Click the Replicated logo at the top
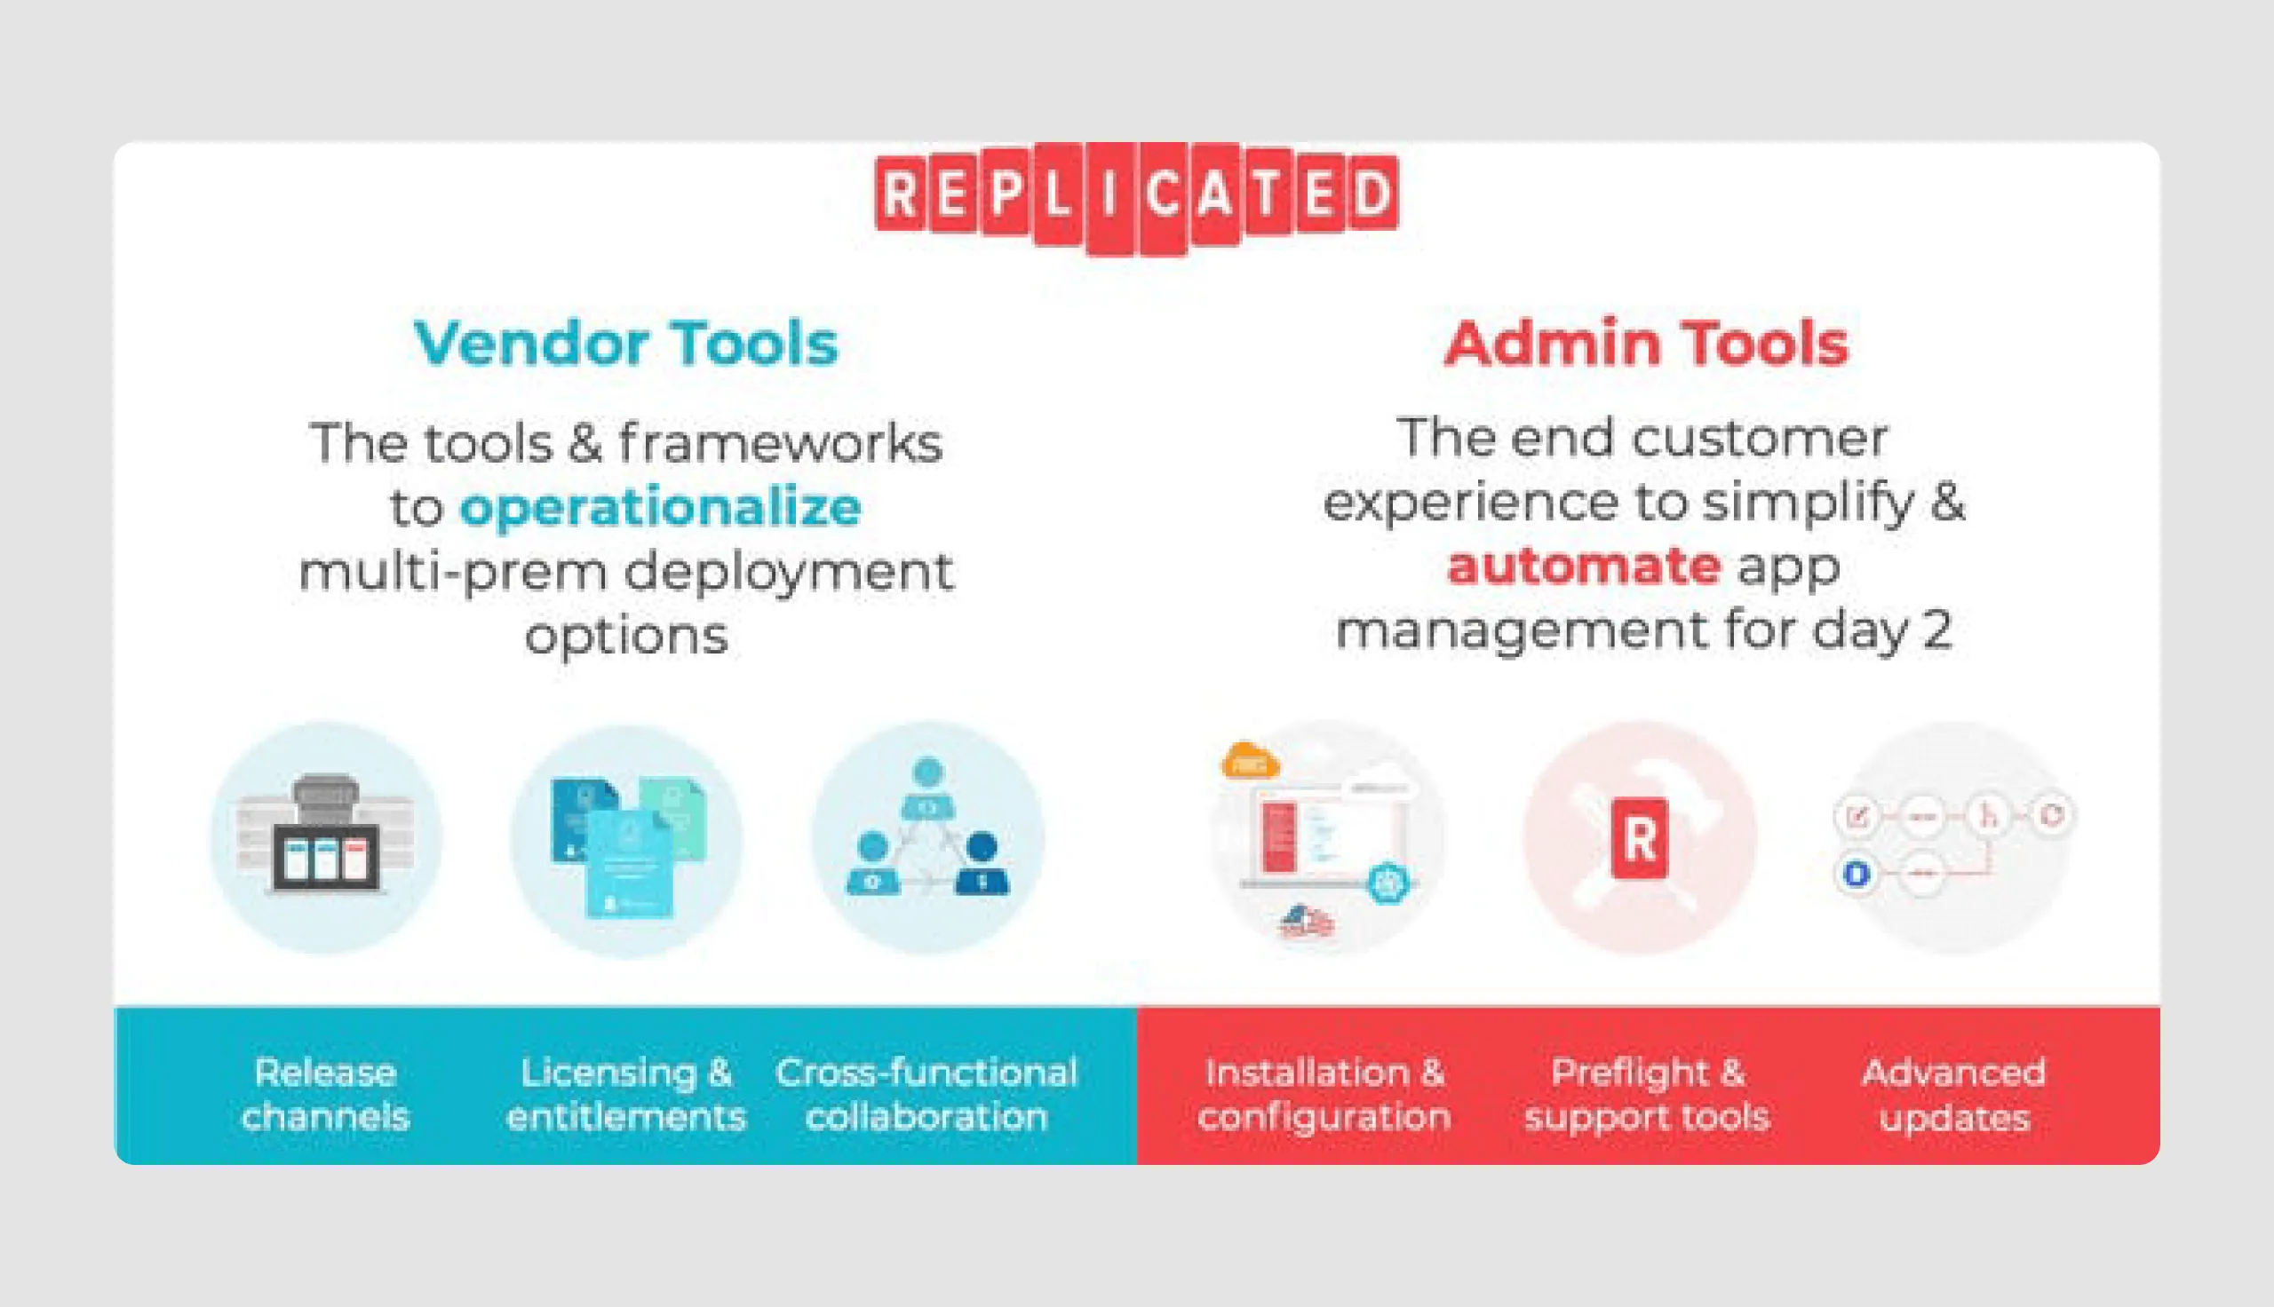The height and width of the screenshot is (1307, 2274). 1136,195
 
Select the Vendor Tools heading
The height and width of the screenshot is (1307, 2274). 625,344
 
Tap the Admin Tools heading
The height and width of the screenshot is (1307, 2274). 1647,344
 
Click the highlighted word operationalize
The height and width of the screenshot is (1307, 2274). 661,508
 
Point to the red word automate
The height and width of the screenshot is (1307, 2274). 1584,567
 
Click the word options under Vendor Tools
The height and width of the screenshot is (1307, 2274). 625,637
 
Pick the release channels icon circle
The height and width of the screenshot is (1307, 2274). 326,837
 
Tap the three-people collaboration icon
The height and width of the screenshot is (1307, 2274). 927,837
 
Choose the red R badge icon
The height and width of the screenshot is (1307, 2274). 1639,838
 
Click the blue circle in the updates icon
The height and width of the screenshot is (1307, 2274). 1857,874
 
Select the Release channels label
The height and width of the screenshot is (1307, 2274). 326,1094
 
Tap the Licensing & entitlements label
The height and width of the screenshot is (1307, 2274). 626,1094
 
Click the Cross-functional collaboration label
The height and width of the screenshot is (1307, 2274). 926,1094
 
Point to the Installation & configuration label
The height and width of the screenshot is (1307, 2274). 1324,1094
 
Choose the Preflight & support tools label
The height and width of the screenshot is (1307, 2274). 1647,1094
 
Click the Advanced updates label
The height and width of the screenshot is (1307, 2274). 1953,1095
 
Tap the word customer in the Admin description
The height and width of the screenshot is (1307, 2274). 1760,439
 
